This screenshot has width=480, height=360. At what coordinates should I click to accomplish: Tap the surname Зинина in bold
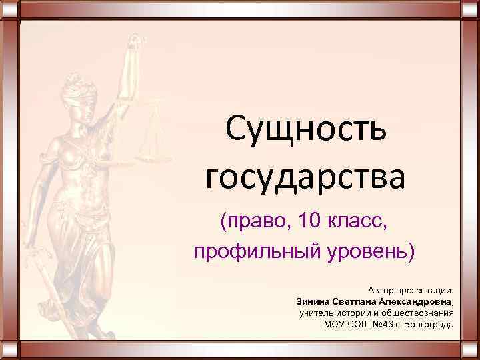tap(312, 302)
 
